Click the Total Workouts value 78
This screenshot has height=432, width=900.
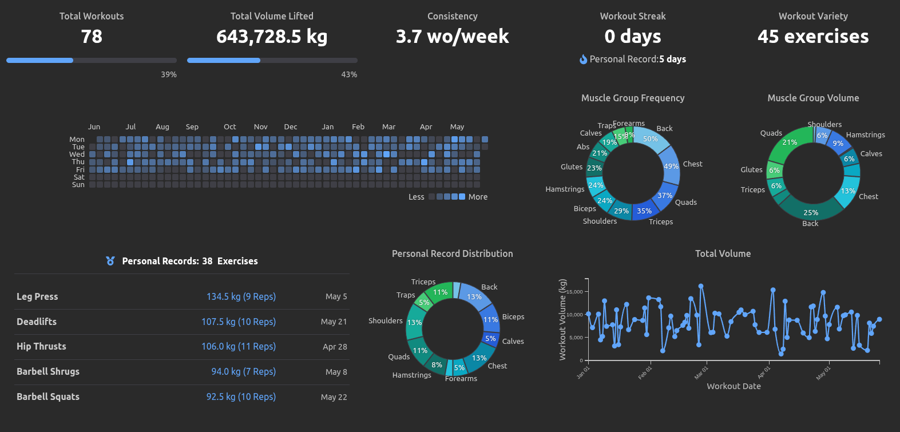[92, 37]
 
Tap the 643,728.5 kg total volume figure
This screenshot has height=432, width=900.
[272, 37]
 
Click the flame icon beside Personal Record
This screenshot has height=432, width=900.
[583, 59]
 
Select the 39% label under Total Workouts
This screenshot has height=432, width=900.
[168, 74]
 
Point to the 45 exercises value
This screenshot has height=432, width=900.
[813, 37]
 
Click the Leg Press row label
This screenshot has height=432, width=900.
[37, 296]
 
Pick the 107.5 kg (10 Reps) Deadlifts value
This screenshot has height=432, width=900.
[238, 322]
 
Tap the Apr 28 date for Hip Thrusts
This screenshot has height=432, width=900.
[335, 347]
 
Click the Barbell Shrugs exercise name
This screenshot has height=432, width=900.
[48, 371]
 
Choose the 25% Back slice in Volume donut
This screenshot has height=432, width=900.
[811, 212]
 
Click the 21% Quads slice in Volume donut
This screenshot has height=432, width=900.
[790, 142]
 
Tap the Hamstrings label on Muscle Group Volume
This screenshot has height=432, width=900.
[865, 134]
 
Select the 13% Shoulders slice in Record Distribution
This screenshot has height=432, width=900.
[414, 323]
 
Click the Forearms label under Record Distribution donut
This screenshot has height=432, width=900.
[461, 378]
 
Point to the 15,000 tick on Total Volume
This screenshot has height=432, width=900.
[574, 292]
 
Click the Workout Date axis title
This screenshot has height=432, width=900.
[734, 386]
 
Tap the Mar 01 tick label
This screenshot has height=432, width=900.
[701, 373]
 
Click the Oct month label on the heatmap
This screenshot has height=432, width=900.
[229, 126]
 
